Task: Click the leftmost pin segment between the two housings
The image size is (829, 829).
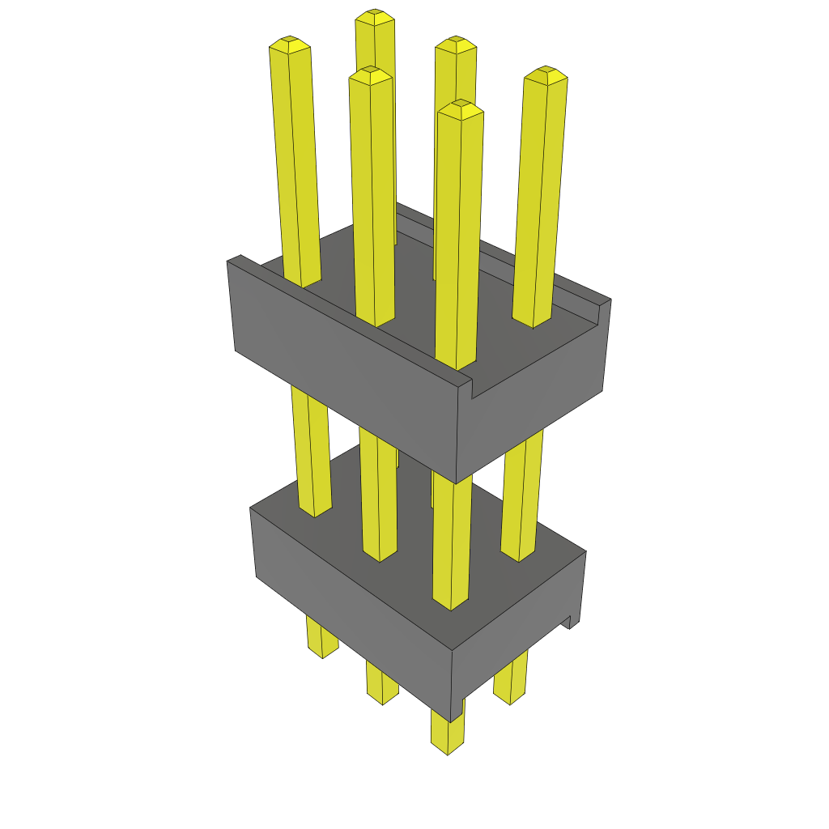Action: click(x=311, y=453)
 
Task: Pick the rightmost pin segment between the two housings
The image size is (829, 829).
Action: click(x=521, y=494)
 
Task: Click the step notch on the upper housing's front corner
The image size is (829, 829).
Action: click(x=469, y=387)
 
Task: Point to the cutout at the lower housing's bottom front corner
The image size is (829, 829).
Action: click(x=458, y=708)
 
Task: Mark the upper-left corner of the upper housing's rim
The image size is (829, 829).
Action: click(x=235, y=261)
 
